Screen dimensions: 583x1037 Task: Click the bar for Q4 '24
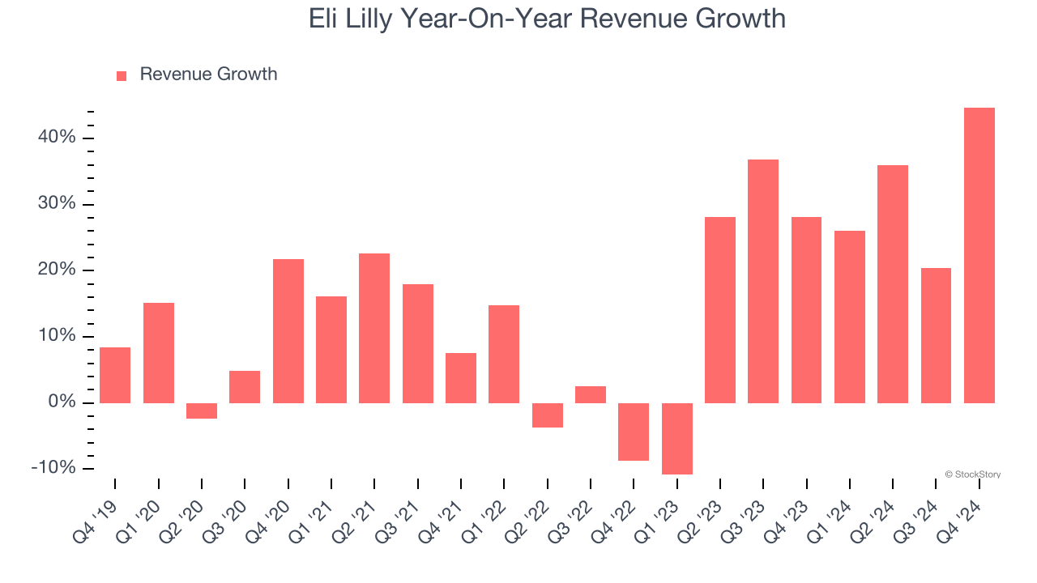tap(979, 255)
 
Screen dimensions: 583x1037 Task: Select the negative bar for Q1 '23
tap(676, 438)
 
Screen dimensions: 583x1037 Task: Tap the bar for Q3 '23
tap(763, 281)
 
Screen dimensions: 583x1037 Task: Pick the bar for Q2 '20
tap(202, 411)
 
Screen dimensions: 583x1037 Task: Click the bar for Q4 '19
tap(115, 375)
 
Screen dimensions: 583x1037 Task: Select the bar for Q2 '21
tap(374, 328)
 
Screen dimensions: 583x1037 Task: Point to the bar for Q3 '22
tap(591, 394)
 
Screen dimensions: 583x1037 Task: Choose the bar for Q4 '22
tap(634, 432)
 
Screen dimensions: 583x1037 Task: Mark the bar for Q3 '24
tap(936, 335)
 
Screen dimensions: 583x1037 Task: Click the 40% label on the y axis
tap(57, 138)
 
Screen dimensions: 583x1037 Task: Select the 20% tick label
tap(57, 270)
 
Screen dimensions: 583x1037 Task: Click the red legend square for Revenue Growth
tap(122, 75)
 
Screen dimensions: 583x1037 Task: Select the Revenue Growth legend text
tap(208, 74)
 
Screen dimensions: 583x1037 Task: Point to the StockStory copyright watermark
tap(972, 474)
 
